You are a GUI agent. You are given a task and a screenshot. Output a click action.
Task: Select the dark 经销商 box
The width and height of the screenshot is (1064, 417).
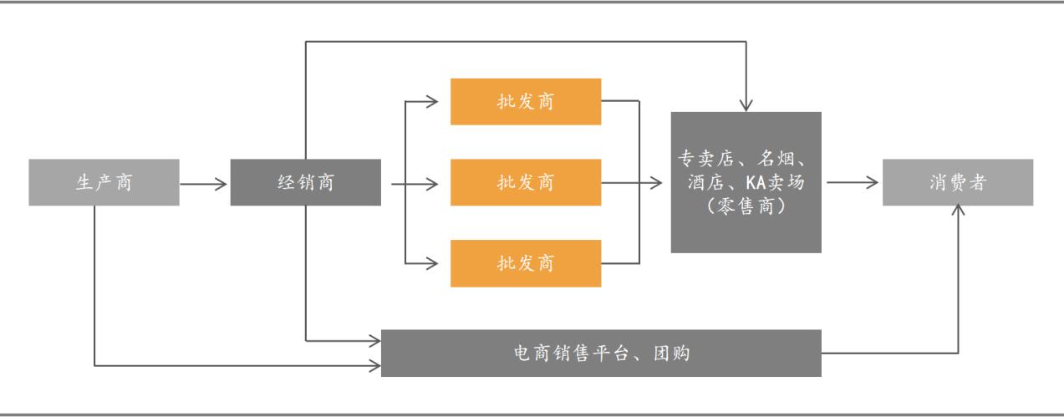coord(305,181)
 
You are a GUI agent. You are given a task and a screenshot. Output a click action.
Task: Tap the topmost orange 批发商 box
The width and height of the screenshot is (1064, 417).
coord(525,102)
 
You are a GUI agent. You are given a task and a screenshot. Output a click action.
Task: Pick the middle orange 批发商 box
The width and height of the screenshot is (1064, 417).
coord(525,181)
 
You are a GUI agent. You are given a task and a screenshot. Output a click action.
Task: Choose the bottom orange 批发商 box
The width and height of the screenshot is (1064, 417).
coord(525,263)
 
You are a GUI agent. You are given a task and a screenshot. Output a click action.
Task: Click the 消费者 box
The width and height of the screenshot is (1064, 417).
coord(959,181)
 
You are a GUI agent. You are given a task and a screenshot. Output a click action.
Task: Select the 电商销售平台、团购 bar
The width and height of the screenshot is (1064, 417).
coord(602,353)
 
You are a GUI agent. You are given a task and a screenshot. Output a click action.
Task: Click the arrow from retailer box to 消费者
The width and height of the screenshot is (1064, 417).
coord(852,181)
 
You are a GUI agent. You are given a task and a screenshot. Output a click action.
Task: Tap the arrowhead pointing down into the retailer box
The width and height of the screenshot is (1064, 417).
coord(745,104)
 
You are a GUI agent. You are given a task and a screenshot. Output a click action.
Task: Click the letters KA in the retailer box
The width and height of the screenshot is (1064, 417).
coord(750,181)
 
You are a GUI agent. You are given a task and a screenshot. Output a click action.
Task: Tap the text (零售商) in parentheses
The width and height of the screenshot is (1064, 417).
coord(745,205)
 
